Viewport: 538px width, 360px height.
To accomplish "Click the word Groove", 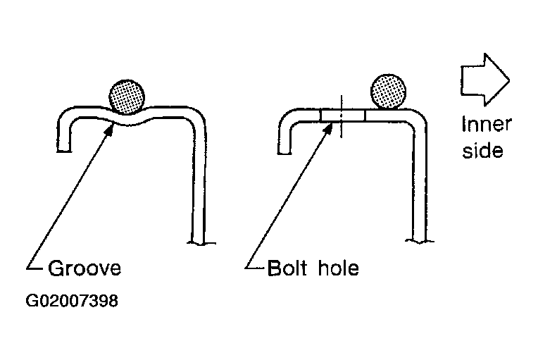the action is tap(85, 268).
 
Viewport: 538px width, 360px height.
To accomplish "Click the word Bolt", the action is tap(287, 268).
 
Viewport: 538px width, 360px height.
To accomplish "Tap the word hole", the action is tap(338, 268).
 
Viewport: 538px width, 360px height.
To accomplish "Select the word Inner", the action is tap(486, 124).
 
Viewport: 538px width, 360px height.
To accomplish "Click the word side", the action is tap(482, 150).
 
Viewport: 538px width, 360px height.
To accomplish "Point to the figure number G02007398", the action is tap(72, 301).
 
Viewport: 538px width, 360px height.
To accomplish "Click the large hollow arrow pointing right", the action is tap(484, 80).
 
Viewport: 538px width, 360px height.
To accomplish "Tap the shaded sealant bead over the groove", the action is tap(127, 97).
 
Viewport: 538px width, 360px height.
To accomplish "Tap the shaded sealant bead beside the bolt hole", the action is tap(389, 92).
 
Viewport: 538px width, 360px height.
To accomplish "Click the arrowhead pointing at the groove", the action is tap(109, 130).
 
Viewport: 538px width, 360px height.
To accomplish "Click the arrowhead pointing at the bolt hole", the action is tap(328, 128).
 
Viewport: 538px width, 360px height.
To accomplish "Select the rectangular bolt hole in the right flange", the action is tap(343, 116).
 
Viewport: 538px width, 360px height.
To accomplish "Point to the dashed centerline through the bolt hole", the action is tap(341, 116).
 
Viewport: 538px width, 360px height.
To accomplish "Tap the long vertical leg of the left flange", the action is tap(199, 182).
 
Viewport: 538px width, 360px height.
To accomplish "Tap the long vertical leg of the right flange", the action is tap(418, 182).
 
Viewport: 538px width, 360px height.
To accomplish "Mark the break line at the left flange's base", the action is tap(201, 243).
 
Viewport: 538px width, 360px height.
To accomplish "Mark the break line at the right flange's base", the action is tap(420, 241).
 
